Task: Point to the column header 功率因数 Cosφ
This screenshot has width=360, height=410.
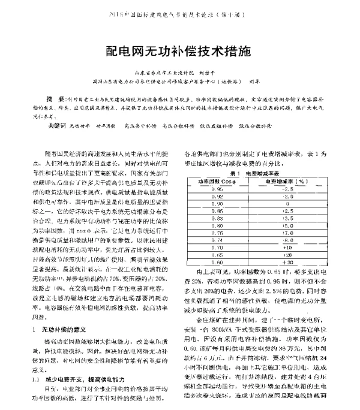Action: tap(218, 180)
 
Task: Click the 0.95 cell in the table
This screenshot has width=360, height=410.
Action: tap(218, 188)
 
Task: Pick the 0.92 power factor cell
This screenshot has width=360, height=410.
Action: tap(218, 196)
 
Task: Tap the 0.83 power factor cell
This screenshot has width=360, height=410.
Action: tap(218, 219)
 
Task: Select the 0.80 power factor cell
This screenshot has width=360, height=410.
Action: tap(218, 227)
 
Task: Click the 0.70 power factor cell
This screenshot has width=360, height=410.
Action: tap(218, 246)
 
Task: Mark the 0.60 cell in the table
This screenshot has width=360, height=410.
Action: tap(218, 262)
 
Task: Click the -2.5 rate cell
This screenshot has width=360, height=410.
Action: tap(287, 188)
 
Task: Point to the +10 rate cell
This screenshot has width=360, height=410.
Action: tap(287, 246)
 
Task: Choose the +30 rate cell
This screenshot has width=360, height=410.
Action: tap(287, 262)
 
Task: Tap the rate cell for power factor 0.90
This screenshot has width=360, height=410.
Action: tap(287, 204)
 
